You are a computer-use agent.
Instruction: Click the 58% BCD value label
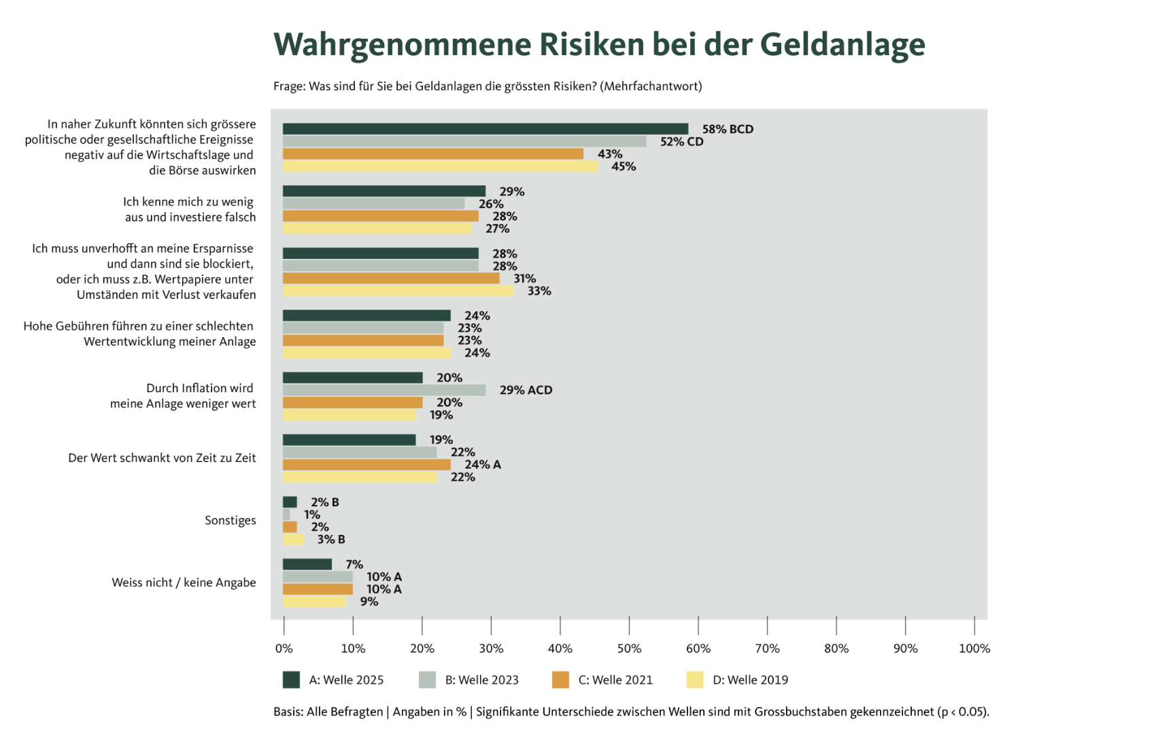[x=727, y=129]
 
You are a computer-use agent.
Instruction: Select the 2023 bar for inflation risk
[x=384, y=390]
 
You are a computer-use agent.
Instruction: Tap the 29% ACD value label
[x=525, y=390]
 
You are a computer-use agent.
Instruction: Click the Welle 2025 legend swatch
[x=291, y=680]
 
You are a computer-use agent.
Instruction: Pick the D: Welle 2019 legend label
[x=750, y=680]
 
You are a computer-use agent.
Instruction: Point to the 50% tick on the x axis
[x=629, y=625]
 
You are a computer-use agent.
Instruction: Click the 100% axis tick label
[x=974, y=648]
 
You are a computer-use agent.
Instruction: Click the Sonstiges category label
[x=230, y=521]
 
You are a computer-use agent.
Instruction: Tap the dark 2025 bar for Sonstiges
[x=290, y=502]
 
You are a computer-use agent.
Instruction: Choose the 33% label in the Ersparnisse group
[x=539, y=291]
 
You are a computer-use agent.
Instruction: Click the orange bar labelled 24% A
[x=366, y=465]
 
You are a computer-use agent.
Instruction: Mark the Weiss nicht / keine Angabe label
[x=184, y=582]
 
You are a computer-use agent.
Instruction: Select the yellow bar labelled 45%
[x=439, y=167]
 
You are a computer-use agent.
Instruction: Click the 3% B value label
[x=330, y=540]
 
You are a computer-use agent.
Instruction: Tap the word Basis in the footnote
[x=288, y=712]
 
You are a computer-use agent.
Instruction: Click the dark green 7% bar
[x=307, y=564]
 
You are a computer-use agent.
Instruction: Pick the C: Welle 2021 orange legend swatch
[x=560, y=680]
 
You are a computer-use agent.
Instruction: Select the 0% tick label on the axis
[x=284, y=648]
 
